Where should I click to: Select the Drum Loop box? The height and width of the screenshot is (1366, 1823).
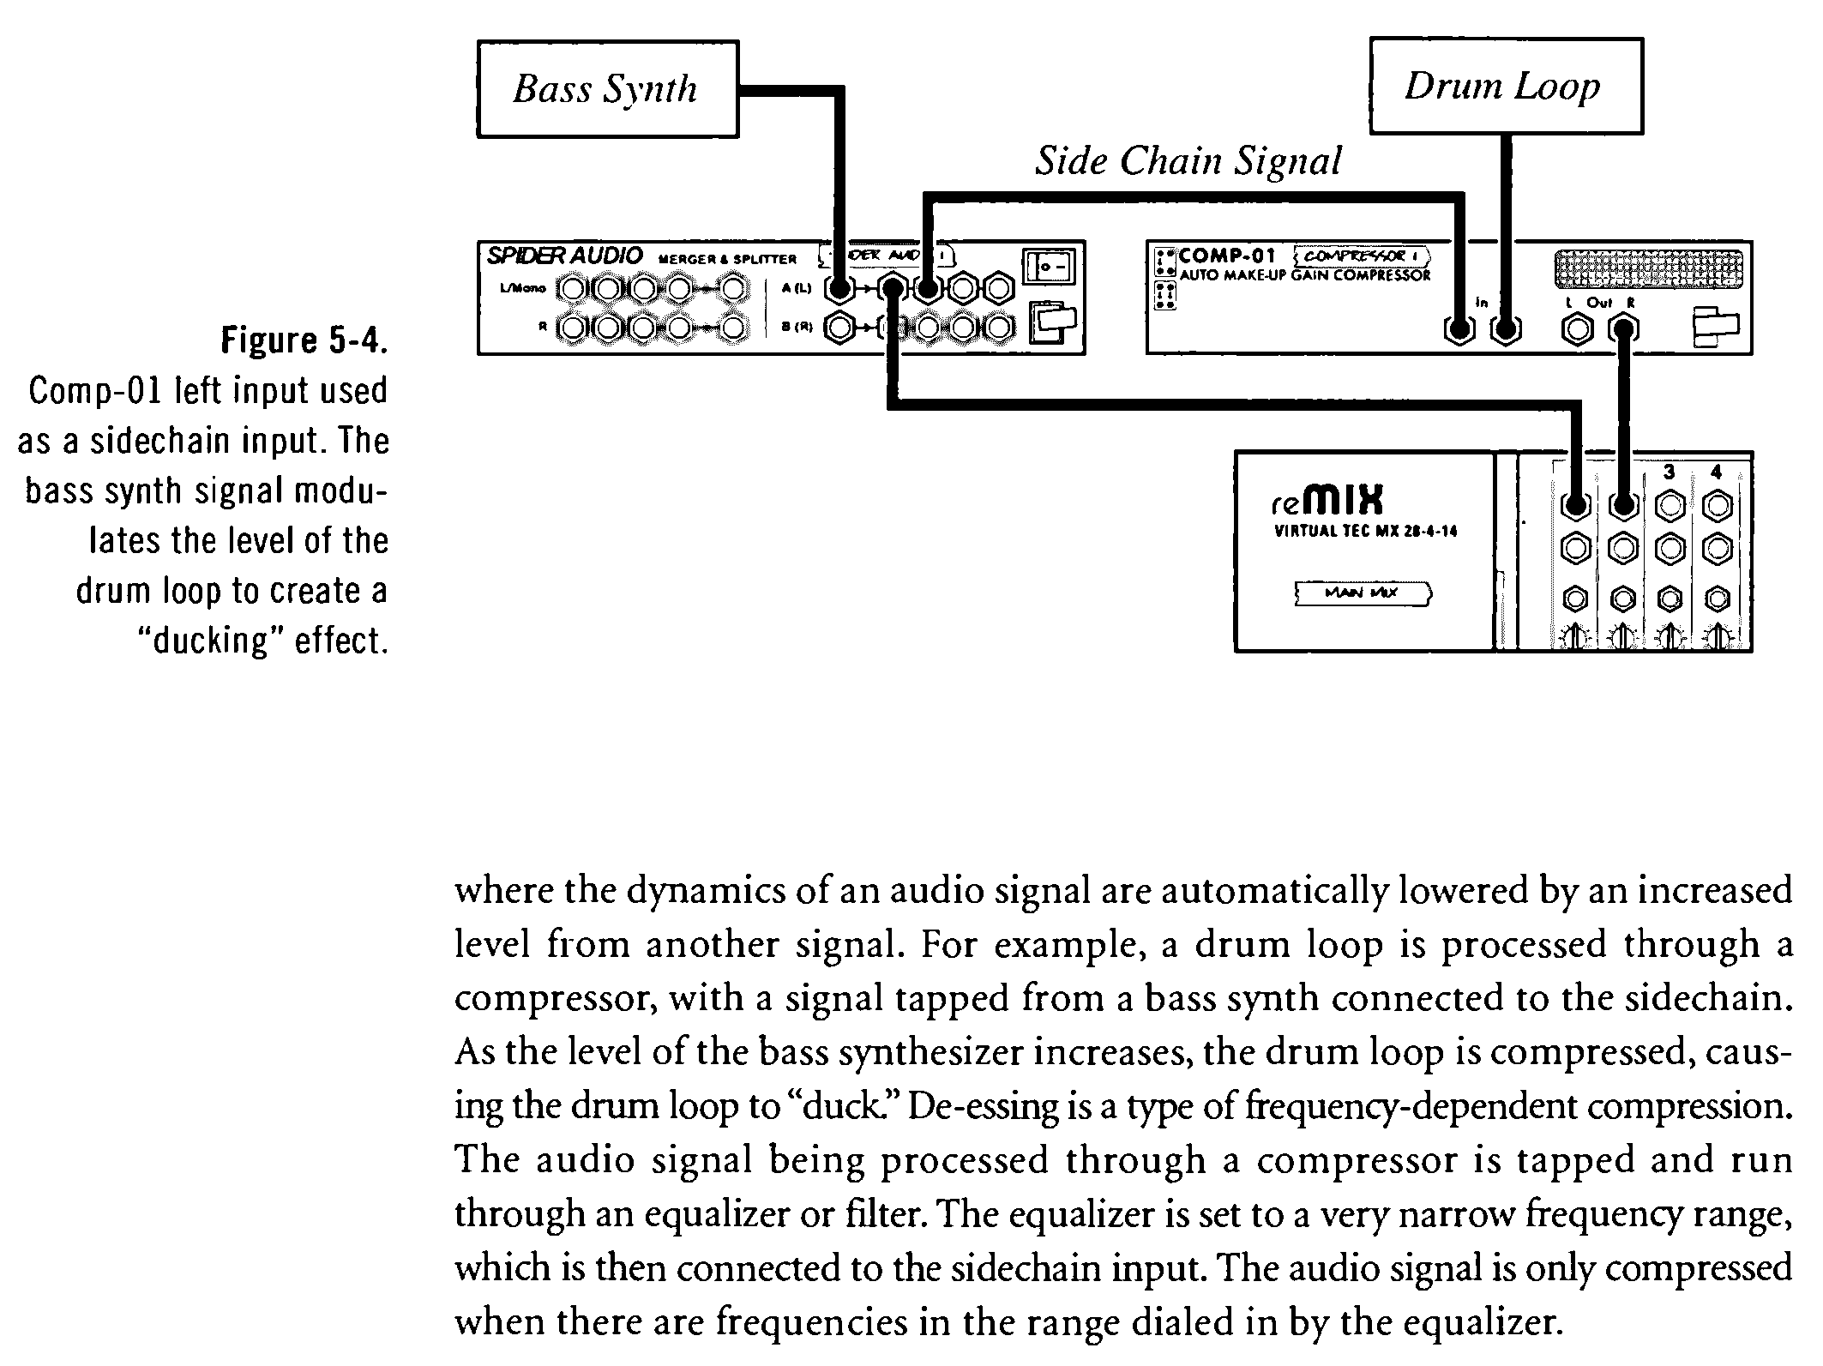pos(1505,86)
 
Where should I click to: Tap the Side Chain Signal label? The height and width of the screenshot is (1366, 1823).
pos(1188,161)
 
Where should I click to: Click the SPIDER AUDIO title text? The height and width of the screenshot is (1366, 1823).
pos(564,256)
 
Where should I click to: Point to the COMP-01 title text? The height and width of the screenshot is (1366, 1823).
pos(1227,256)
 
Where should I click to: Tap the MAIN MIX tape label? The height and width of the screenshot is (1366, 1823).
pos(1362,593)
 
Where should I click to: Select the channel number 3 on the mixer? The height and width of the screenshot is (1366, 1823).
pos(1669,472)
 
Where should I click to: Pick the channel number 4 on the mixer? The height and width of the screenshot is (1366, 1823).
pos(1716,472)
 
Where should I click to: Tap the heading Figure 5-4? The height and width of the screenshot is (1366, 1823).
pos(304,340)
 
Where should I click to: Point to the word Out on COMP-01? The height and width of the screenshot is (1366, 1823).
pos(1599,303)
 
